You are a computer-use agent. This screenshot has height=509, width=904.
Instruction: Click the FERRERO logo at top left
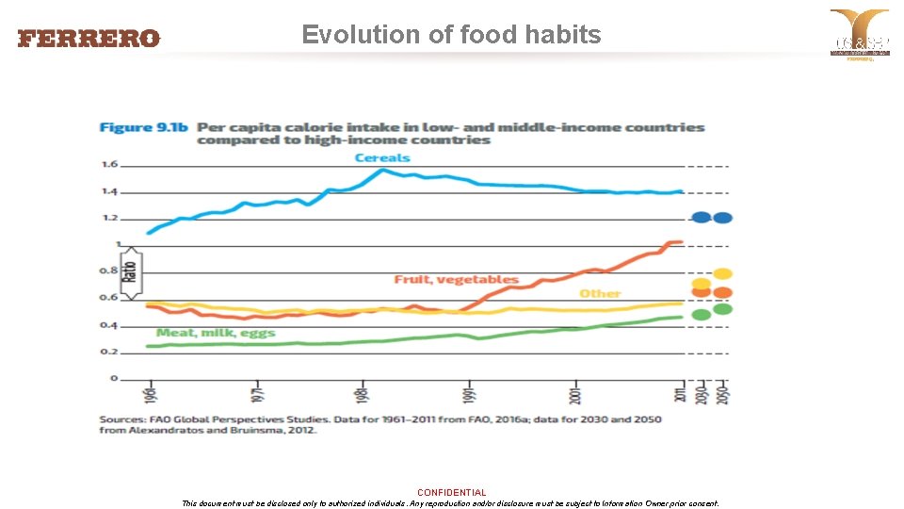89,39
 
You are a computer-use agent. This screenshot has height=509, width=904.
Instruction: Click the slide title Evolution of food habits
451,35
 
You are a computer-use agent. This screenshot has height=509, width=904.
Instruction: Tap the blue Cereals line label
382,157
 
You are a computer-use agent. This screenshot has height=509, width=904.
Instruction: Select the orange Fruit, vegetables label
456,279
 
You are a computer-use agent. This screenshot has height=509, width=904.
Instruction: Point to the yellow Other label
600,294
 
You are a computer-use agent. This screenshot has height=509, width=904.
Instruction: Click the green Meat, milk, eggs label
216,333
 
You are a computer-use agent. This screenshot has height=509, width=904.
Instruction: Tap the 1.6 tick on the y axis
109,165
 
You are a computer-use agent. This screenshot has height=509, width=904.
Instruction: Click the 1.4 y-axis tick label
109,191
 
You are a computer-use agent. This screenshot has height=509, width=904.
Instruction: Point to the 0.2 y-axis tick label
109,352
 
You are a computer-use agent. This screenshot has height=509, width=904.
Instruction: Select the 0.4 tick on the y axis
109,325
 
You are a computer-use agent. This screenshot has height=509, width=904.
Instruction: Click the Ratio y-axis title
130,272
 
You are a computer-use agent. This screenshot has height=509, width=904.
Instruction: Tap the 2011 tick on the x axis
680,394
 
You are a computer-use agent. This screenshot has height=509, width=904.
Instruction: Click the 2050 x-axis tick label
723,394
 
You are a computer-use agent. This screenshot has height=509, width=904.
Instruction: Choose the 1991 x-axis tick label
468,394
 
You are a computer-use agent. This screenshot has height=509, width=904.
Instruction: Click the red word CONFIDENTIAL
452,492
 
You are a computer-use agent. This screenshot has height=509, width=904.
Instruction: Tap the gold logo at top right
859,34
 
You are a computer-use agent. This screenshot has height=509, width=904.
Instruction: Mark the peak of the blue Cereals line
382,170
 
